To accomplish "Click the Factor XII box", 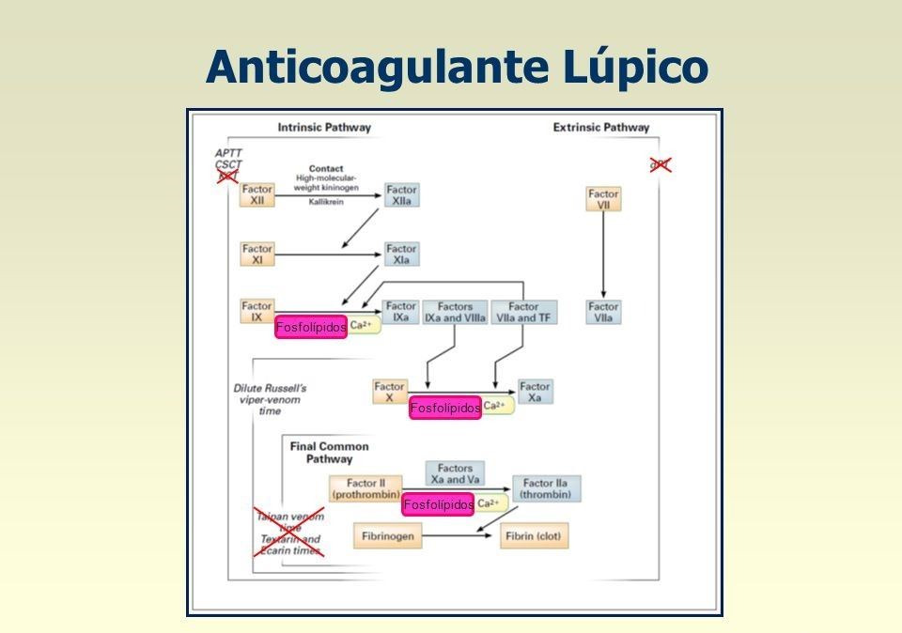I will pos(257,194).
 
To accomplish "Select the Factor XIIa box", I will pos(402,194).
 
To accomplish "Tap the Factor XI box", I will pos(257,254).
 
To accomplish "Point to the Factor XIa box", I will pos(402,254).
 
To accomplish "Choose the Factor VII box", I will pos(603,200).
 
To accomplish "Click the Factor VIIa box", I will pos(603,312).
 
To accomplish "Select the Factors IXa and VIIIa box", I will pos(456,312).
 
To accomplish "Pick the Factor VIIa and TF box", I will pos(524,312).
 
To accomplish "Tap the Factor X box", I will pos(389,392).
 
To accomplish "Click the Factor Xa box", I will pos(535,392).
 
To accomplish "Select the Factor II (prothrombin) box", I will pos(365,488).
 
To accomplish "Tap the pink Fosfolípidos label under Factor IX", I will pos(311,328).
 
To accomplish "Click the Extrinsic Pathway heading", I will pos(600,128).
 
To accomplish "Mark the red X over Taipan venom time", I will pos(289,532).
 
